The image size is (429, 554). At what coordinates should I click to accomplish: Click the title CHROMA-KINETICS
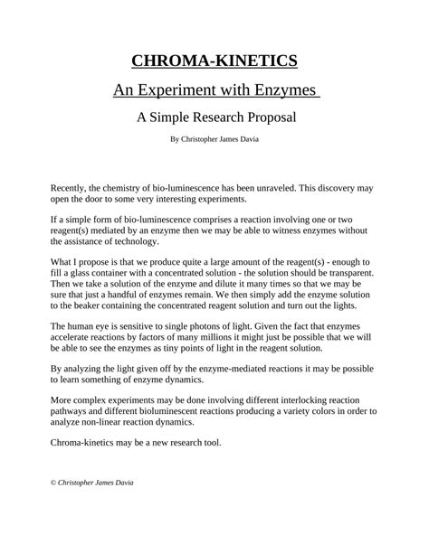[214, 61]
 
